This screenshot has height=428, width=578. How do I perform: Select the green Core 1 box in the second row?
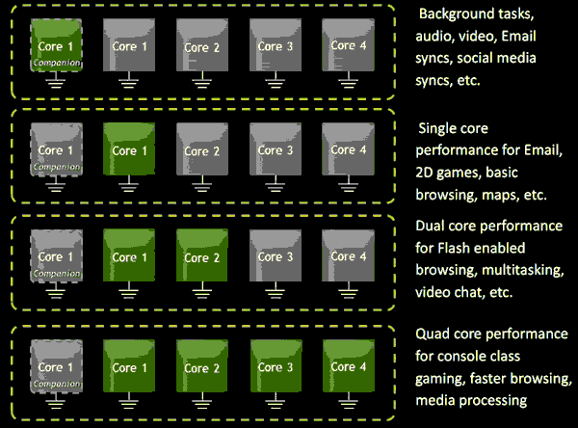pyautogui.click(x=127, y=150)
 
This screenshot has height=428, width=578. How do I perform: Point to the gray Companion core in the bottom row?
pyautogui.click(x=56, y=367)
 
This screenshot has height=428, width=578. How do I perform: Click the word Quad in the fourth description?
pyautogui.click(x=433, y=334)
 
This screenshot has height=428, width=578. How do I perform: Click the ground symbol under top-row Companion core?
pyautogui.click(x=56, y=84)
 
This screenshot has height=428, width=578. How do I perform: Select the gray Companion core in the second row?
pyautogui.click(x=56, y=152)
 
